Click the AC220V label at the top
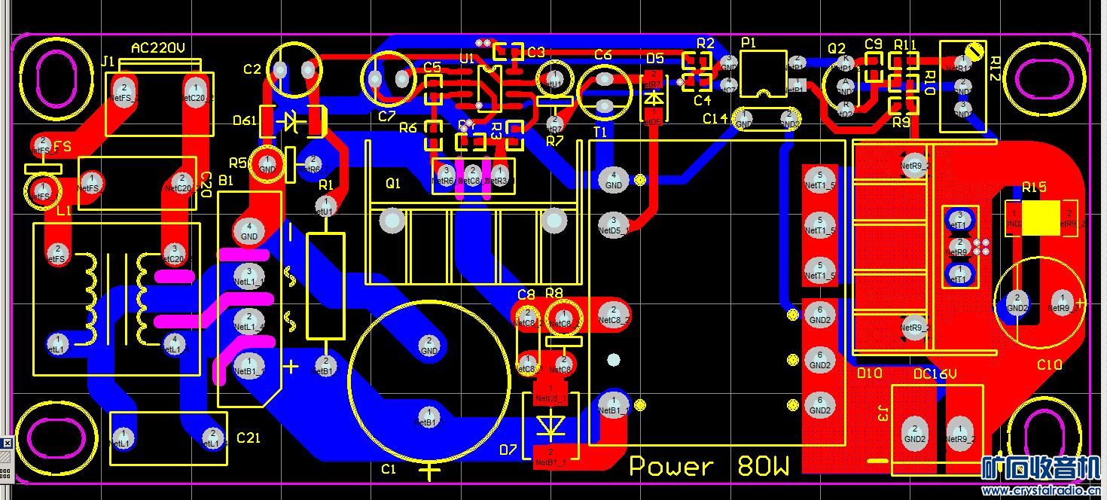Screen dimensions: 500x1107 158,48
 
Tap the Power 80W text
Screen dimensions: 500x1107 709,466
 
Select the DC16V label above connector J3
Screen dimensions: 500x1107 935,374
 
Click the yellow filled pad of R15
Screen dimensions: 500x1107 1041,218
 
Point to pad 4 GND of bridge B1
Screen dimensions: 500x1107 249,230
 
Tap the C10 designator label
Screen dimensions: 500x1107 1049,364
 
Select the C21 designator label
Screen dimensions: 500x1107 249,437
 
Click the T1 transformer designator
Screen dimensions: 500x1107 600,132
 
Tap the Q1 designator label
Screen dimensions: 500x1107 393,184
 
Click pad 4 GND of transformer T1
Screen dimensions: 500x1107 614,179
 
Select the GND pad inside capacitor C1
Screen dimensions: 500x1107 429,346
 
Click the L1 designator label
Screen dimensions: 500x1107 64,211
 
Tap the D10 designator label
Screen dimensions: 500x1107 869,373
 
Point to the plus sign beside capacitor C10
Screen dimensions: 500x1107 1081,303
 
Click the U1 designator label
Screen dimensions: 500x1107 467,58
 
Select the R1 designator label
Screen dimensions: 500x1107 325,184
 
